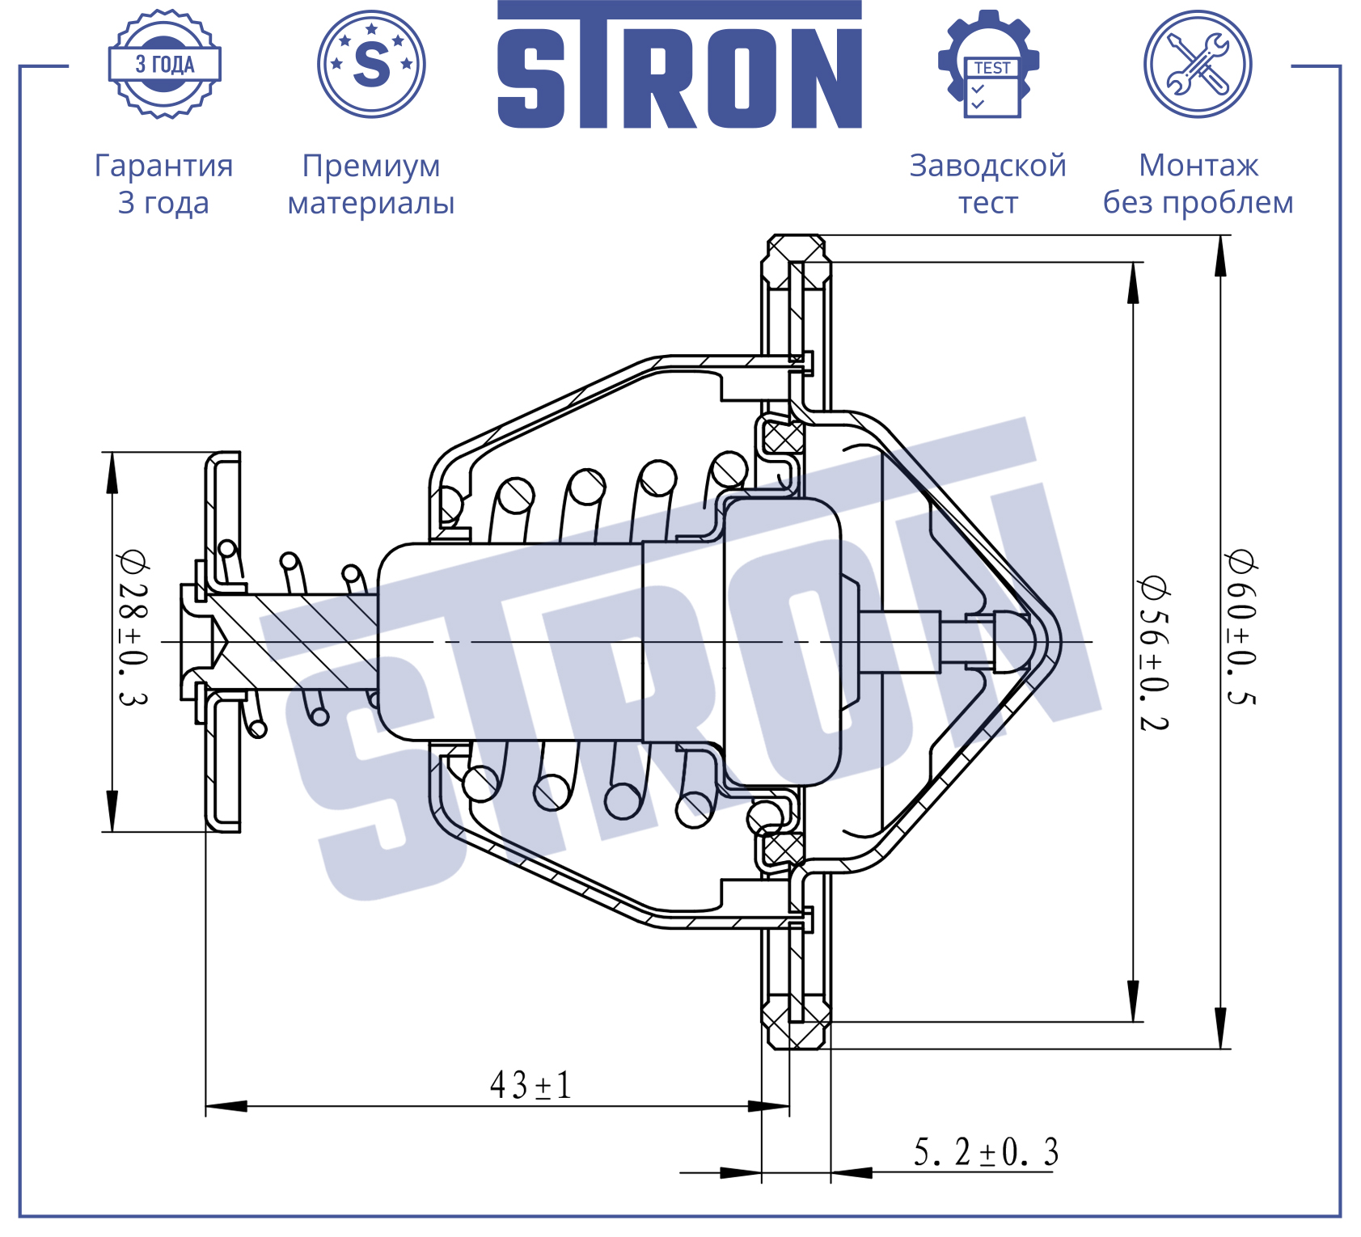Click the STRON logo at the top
pos(679,65)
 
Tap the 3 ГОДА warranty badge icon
pos(165,64)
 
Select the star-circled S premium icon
pos(371,64)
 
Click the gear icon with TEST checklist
pos(988,64)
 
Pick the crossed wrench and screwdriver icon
pos(1198,64)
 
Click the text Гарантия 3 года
pos(164,184)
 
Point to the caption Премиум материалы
pos(371,184)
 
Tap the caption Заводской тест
pos(988,184)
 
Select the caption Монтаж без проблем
pos(1198,184)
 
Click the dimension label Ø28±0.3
pos(133,628)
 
